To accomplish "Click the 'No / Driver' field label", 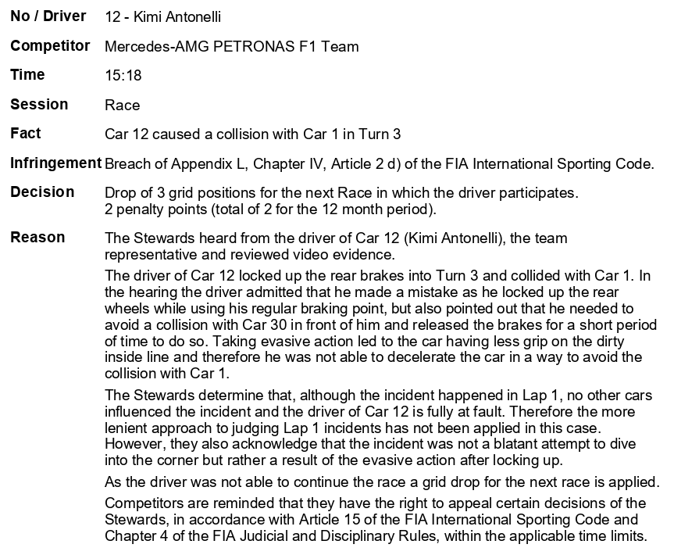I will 48,16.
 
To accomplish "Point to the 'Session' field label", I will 39,104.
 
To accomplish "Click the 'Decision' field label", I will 42,192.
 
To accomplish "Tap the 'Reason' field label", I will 37,237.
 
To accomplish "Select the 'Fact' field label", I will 25,134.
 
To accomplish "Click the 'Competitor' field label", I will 50,46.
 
